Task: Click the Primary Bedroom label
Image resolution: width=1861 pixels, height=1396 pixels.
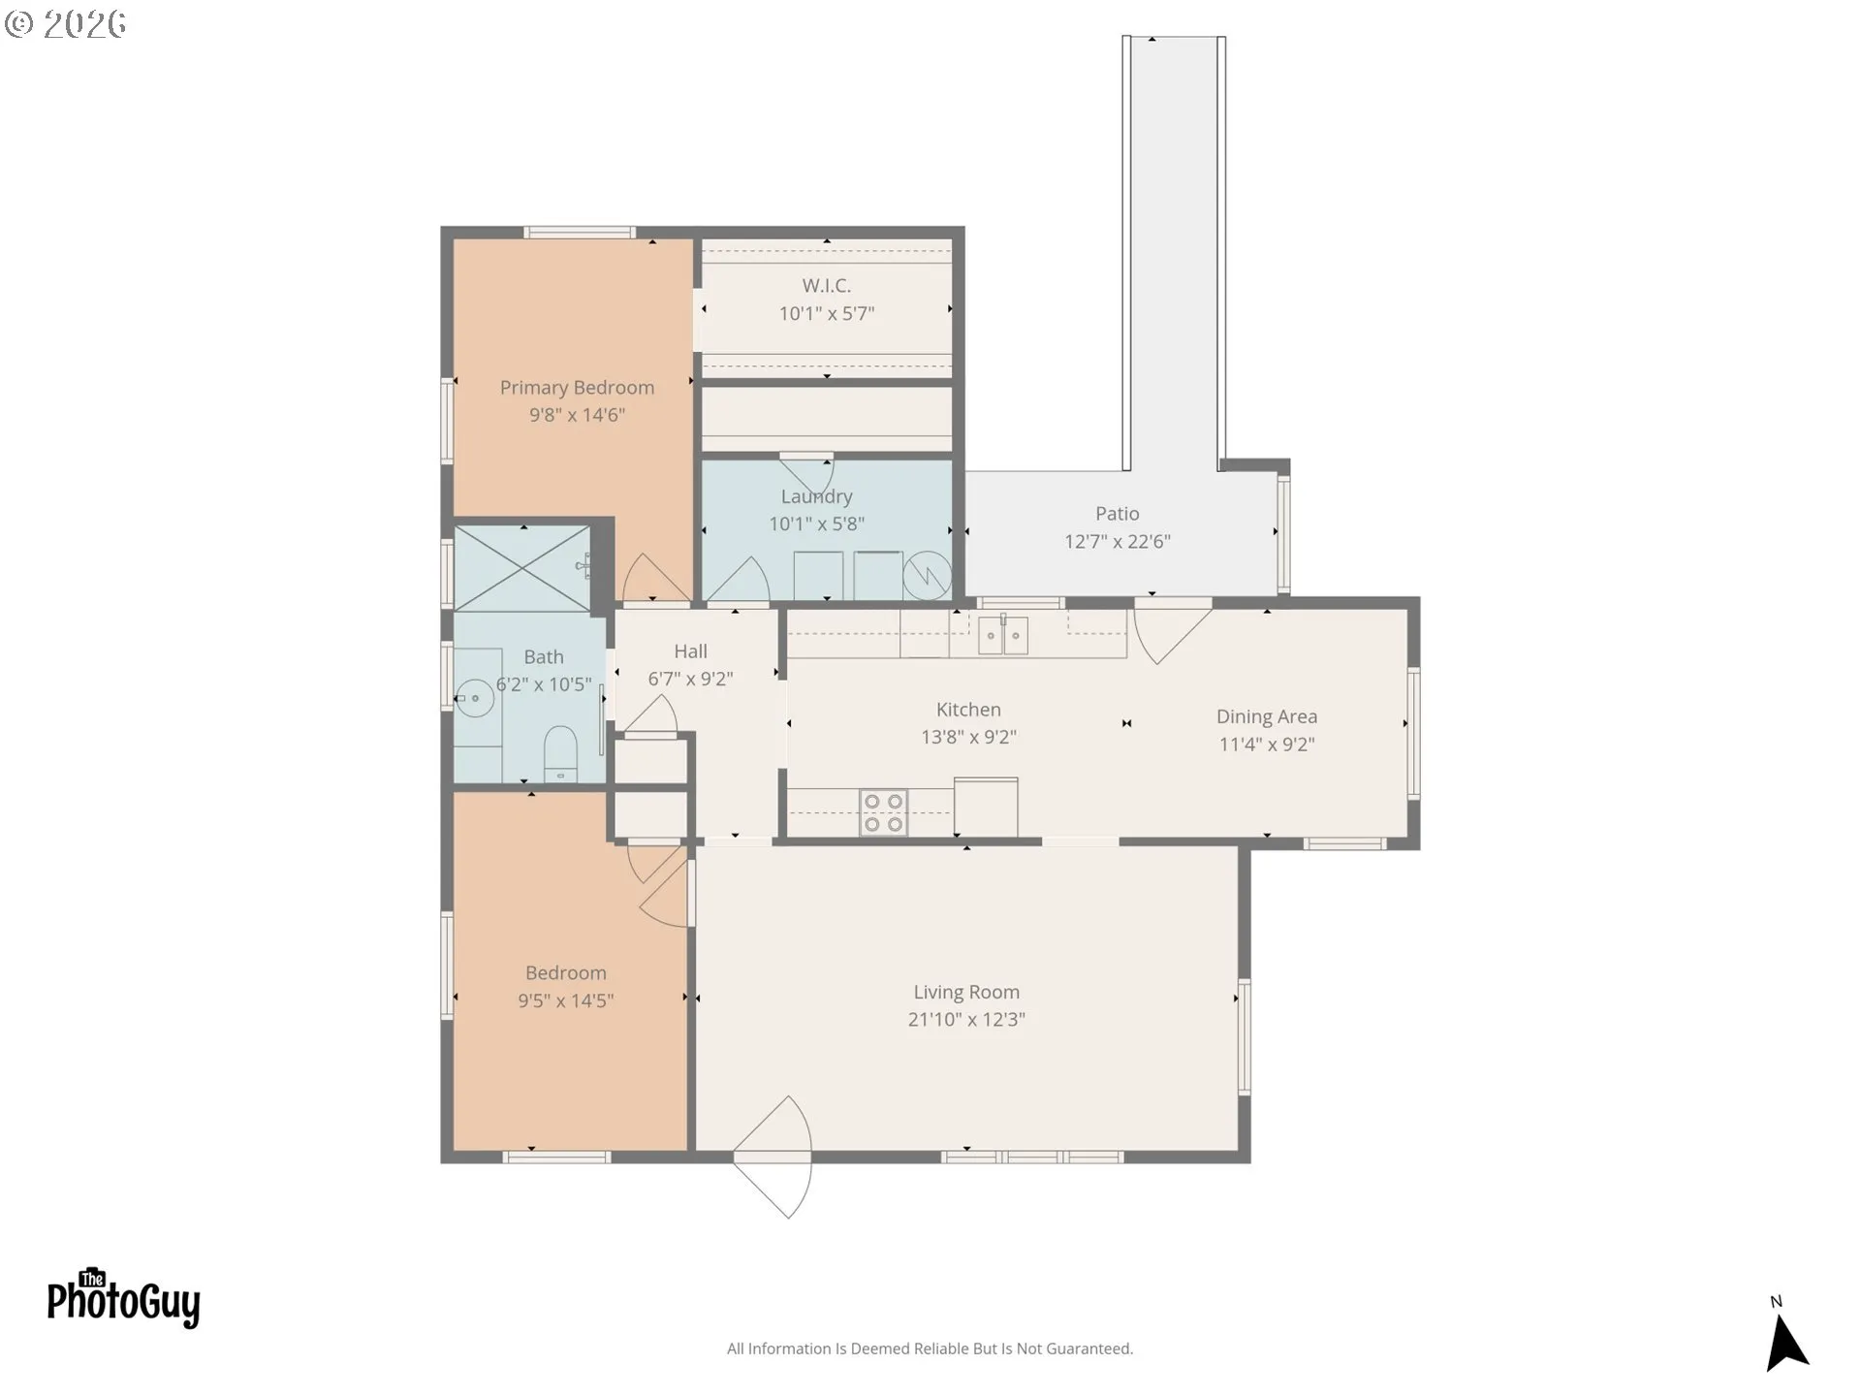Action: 577,388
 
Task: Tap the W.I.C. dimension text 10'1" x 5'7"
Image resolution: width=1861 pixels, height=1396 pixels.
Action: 827,313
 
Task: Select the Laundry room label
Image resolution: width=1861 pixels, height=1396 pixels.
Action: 816,496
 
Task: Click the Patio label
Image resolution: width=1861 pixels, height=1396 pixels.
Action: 1117,514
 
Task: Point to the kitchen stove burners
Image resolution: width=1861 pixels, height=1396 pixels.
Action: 883,812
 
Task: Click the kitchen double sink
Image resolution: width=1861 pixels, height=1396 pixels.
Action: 1002,636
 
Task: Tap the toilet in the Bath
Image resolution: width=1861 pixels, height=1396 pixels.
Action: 560,754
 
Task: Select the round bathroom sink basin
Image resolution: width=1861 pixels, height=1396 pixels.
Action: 475,698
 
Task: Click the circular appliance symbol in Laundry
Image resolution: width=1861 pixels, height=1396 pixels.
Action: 927,576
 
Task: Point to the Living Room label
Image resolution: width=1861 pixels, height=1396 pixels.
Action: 966,992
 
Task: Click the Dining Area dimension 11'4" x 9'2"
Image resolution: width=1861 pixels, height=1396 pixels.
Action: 1267,744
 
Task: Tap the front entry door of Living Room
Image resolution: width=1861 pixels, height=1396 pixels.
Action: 773,1157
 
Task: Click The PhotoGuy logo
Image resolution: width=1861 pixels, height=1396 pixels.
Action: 123,1298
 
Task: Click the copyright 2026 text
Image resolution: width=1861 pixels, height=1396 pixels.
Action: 66,23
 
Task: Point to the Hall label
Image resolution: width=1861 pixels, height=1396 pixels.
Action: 691,651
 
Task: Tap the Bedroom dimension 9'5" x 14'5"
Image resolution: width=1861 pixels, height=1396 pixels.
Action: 566,1000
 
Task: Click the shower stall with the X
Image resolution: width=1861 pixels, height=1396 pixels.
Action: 522,568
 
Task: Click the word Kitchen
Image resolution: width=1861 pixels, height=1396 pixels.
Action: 968,710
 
